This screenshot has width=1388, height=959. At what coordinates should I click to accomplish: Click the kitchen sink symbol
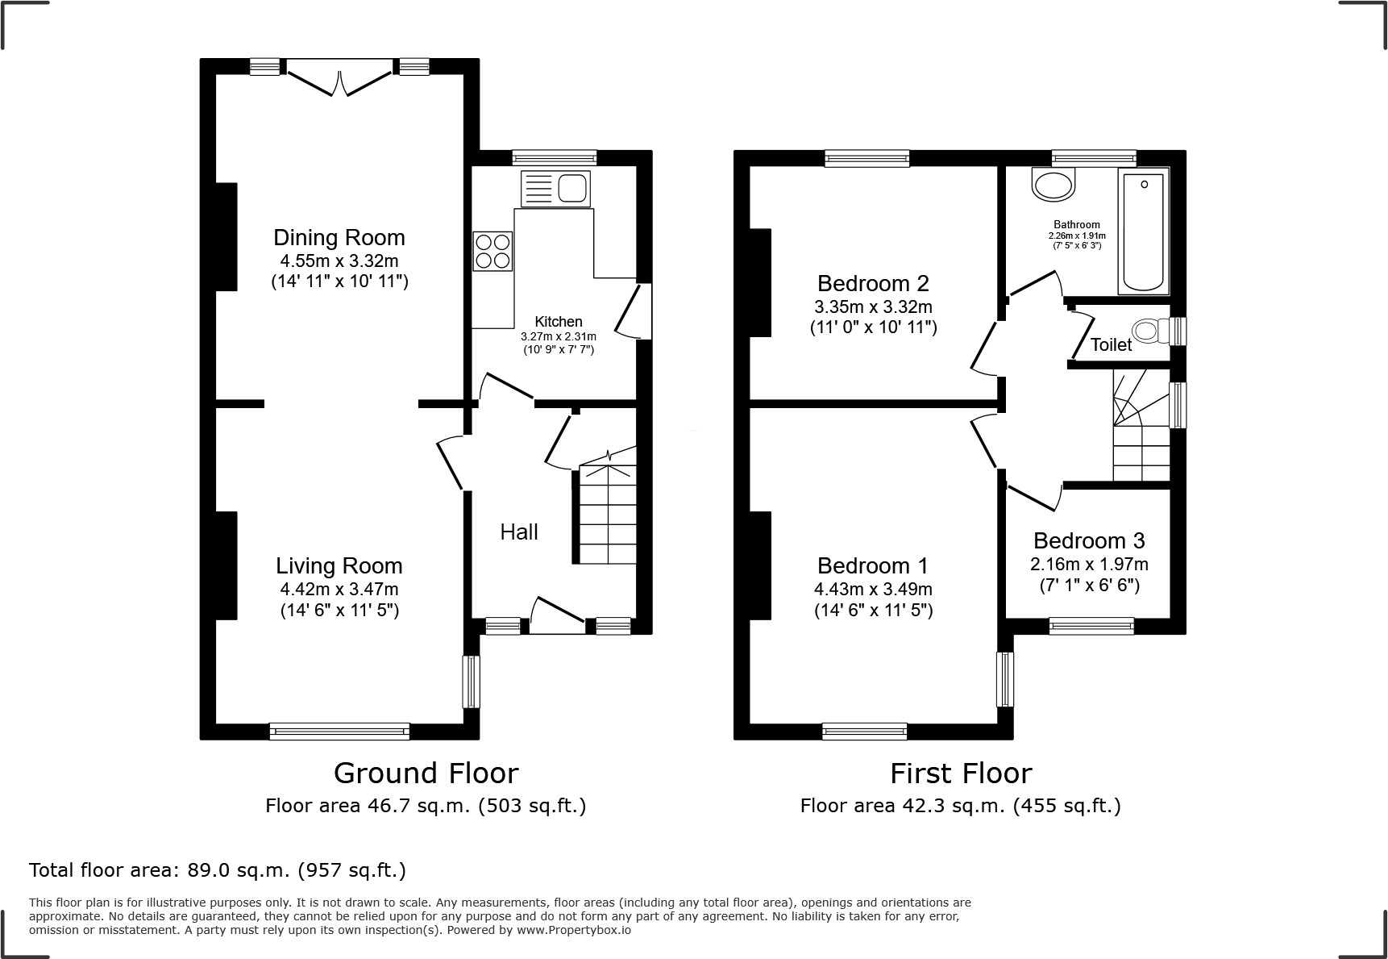(x=556, y=189)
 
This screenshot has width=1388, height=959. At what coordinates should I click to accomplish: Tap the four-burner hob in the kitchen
(x=492, y=250)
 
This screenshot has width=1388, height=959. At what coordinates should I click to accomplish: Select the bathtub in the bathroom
(x=1143, y=231)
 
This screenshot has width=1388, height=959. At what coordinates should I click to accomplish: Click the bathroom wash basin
(x=1053, y=186)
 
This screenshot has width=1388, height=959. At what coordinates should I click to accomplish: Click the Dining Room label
(x=339, y=238)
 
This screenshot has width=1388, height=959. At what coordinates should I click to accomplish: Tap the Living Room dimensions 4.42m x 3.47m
(x=339, y=589)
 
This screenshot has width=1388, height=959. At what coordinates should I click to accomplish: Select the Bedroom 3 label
(x=1089, y=540)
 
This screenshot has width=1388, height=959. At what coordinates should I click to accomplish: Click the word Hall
(x=519, y=532)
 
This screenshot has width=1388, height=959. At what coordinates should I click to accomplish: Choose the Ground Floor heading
(x=426, y=773)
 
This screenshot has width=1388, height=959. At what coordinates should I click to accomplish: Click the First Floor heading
(x=961, y=773)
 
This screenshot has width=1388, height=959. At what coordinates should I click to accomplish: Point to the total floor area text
(x=218, y=870)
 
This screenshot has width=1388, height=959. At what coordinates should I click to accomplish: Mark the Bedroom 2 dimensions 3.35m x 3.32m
(x=873, y=306)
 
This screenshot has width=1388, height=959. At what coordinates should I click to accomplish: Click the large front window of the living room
(x=339, y=731)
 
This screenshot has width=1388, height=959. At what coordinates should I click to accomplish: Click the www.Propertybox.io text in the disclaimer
(x=574, y=930)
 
